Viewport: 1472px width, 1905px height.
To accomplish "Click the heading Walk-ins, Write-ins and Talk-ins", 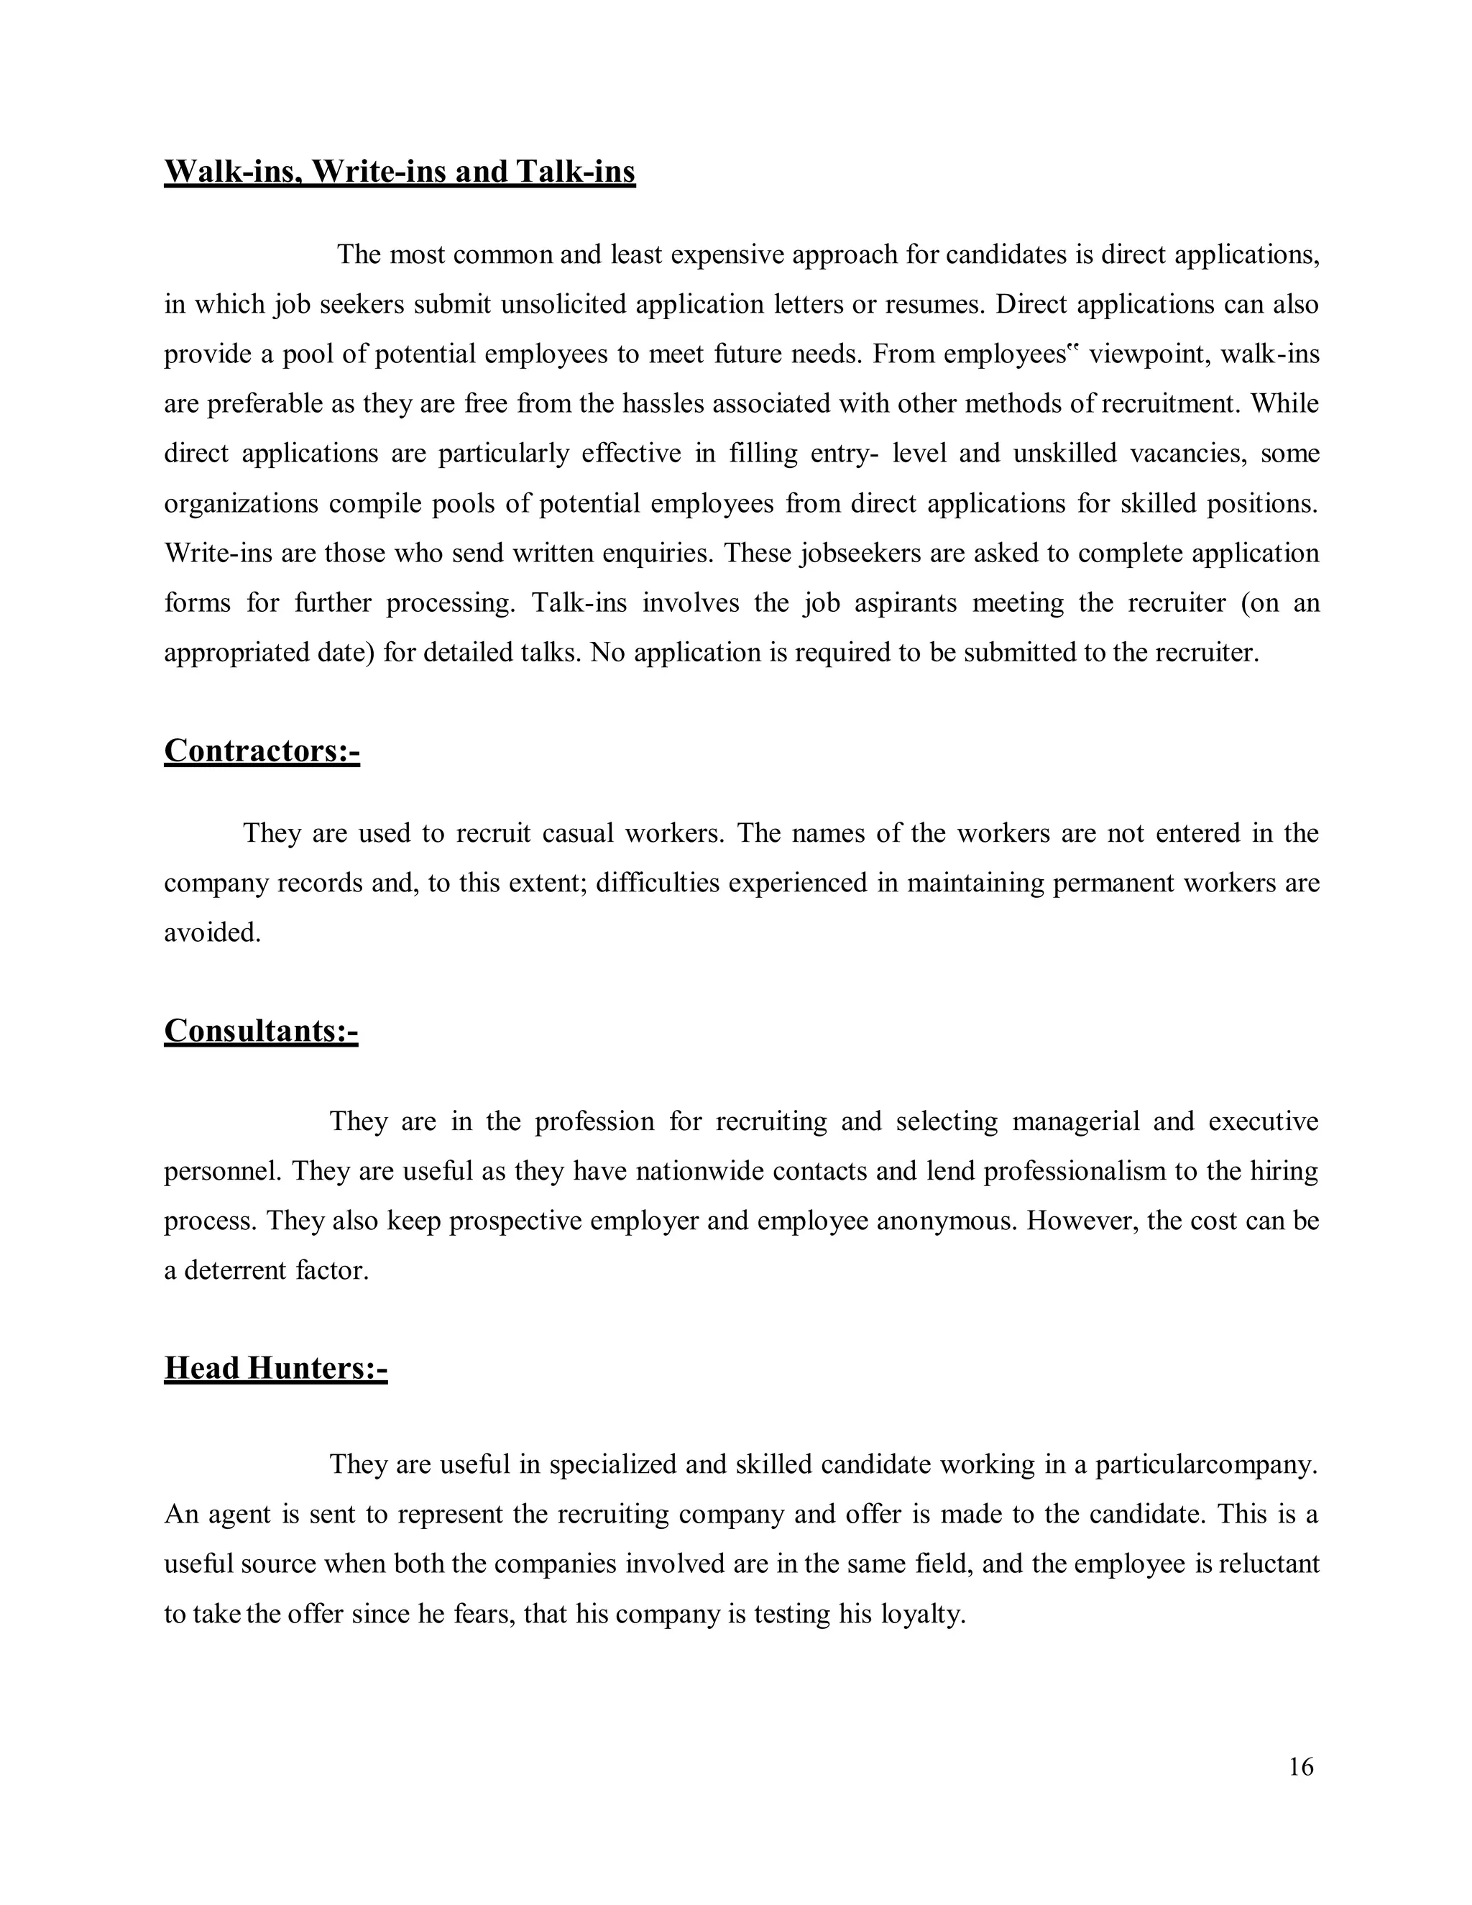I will [x=400, y=171].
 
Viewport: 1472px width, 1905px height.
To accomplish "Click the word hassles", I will [x=679, y=404].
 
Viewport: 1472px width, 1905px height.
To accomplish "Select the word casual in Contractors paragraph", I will [x=577, y=833].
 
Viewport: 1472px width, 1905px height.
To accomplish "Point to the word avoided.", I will [x=212, y=932].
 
